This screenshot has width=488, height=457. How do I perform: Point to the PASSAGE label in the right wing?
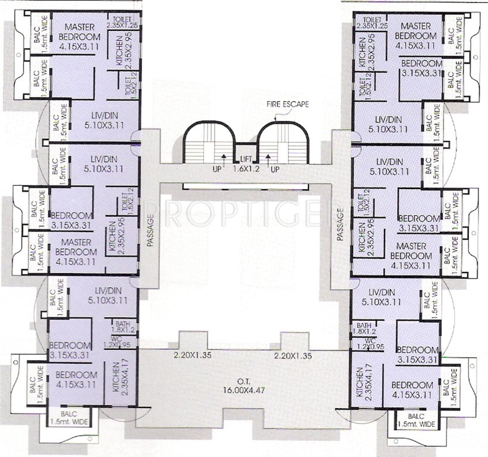[x=341, y=223]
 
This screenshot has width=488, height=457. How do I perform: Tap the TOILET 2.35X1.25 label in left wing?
[x=122, y=22]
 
